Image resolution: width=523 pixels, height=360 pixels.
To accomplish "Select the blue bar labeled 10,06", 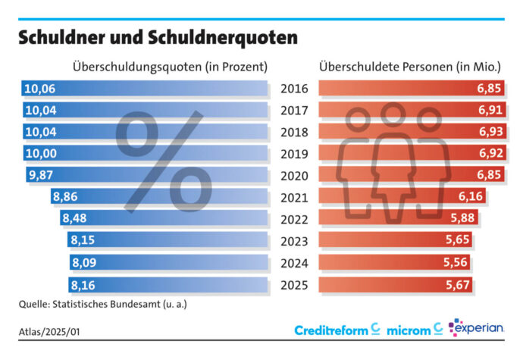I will click(144, 89).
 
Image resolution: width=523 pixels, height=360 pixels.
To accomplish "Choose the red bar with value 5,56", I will click(394, 264).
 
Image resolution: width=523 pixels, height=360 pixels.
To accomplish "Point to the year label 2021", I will click(294, 198).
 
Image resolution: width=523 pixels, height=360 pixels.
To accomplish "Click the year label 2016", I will click(294, 89).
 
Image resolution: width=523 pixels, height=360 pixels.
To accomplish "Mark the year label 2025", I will click(294, 286).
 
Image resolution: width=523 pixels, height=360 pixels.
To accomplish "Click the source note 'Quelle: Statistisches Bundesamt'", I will click(103, 305).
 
